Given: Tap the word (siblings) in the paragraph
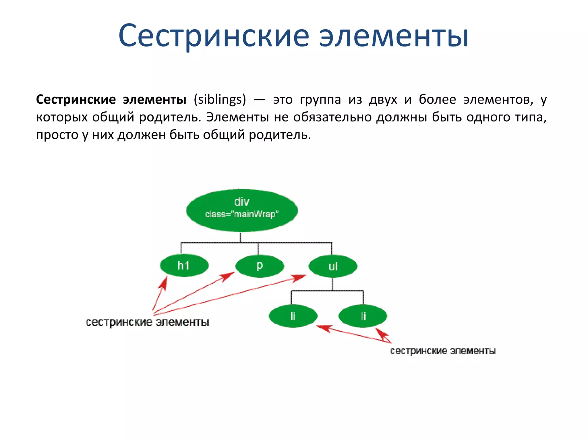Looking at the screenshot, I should pyautogui.click(x=220, y=100).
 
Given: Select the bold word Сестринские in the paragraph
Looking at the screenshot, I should pyautogui.click(x=76, y=100).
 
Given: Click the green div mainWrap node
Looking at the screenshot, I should pyautogui.click(x=242, y=210).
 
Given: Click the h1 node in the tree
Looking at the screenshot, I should pyautogui.click(x=184, y=266).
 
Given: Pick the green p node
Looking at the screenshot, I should pyautogui.click(x=260, y=266).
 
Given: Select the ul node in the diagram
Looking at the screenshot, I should pyautogui.click(x=333, y=266).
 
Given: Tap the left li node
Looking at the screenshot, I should pyautogui.click(x=293, y=316).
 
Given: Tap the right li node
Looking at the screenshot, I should pyautogui.click(x=363, y=316).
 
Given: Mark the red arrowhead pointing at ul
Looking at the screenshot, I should pyautogui.click(x=299, y=278).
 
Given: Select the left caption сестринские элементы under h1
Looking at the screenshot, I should pyautogui.click(x=147, y=322).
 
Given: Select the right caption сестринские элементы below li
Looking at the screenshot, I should pyautogui.click(x=443, y=351).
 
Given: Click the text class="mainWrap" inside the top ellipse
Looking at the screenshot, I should pyautogui.click(x=242, y=214).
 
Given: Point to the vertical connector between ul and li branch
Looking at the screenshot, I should pyautogui.click(x=332, y=284).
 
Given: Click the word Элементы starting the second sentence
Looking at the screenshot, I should pyautogui.click(x=237, y=117).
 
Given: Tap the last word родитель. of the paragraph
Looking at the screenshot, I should pyautogui.click(x=280, y=135).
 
